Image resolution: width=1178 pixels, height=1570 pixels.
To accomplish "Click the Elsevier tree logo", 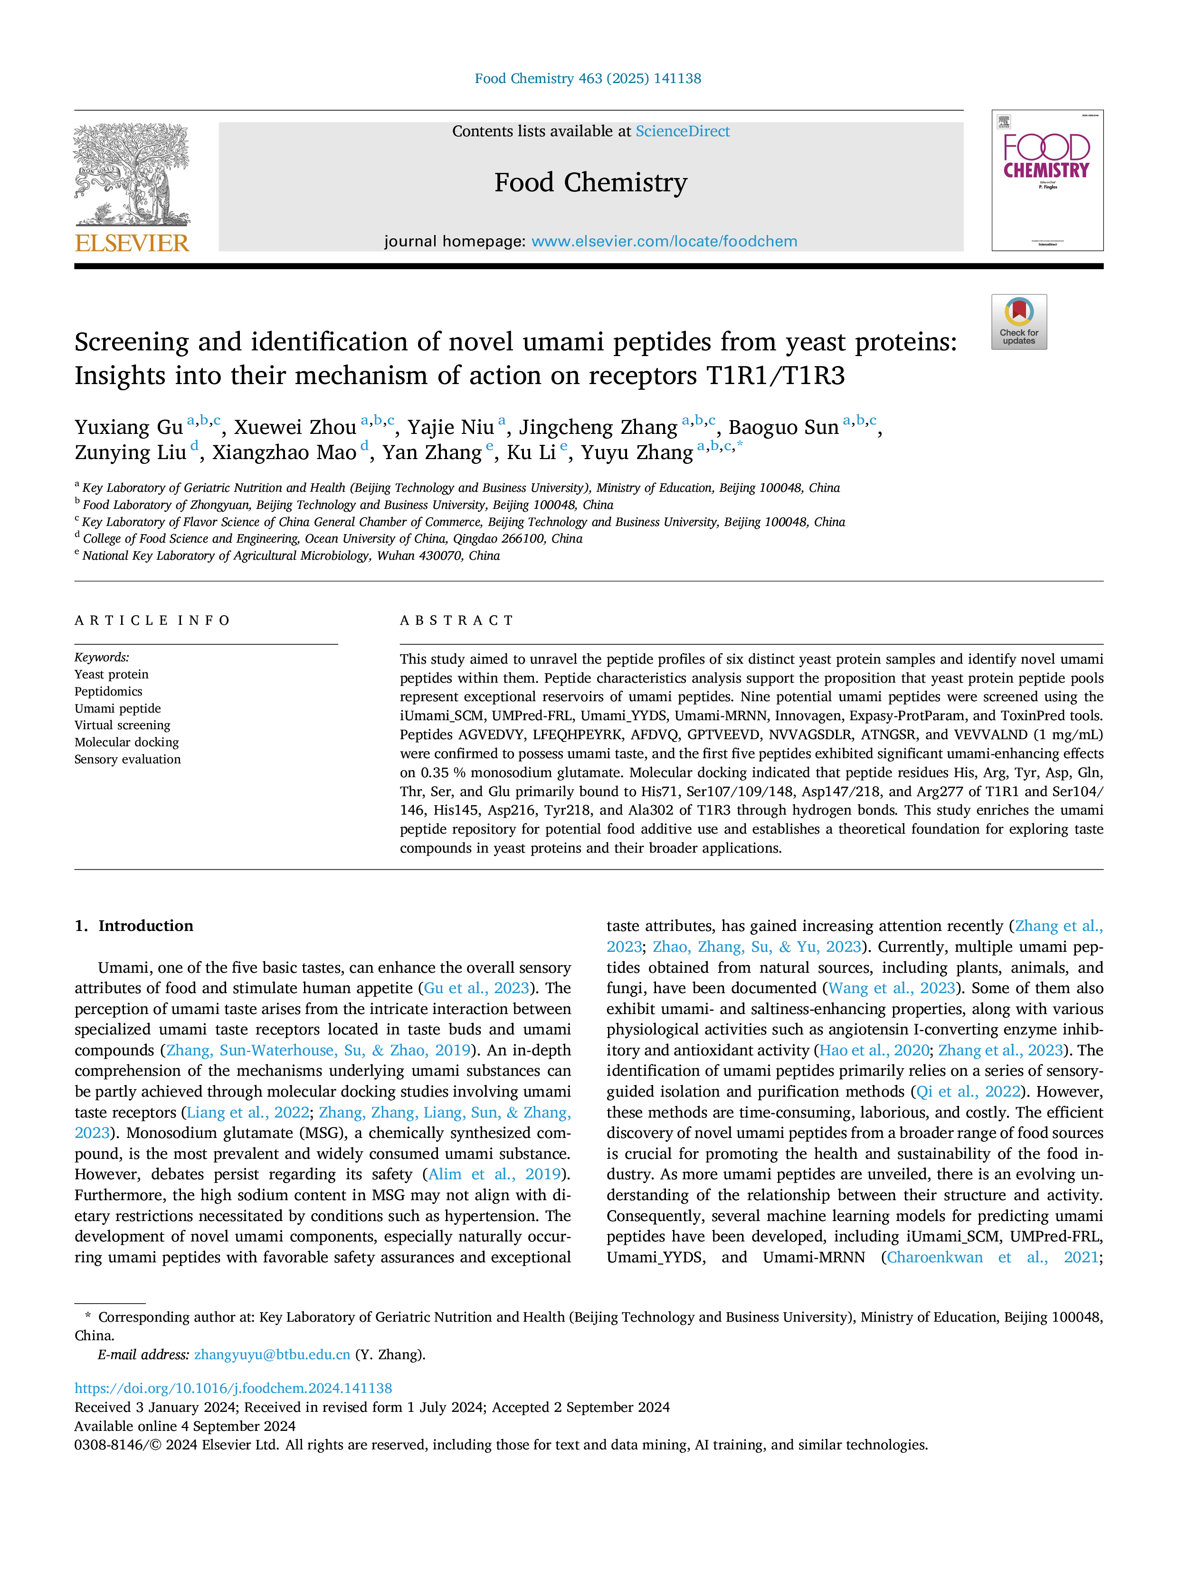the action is tap(132, 174).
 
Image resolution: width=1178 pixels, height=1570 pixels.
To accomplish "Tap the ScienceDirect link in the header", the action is tap(683, 132).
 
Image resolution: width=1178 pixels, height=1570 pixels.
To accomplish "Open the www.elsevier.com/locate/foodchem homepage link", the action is tap(664, 241).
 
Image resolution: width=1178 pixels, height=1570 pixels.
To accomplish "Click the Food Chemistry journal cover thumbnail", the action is tap(1047, 180).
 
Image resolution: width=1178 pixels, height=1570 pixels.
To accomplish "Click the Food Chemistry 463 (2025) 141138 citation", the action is tap(588, 79).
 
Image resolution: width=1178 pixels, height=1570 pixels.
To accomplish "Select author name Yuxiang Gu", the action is tap(129, 427).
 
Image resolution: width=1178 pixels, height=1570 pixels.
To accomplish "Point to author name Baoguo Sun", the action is tap(783, 427).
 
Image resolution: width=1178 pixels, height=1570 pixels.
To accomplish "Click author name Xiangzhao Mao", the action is tap(284, 453).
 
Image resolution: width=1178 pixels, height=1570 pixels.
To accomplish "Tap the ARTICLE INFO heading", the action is tap(152, 620).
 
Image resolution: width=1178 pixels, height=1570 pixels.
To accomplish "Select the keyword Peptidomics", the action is tap(109, 691).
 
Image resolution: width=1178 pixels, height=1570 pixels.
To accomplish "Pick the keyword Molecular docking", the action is tap(126, 743).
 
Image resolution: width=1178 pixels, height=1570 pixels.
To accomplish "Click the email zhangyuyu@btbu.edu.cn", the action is tap(272, 1354).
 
